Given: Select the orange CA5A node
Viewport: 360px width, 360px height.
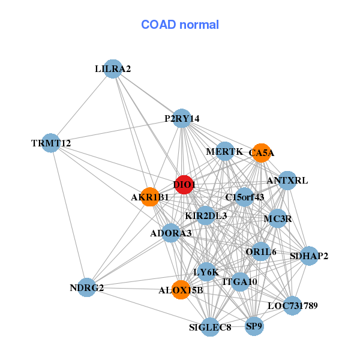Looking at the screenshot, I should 260,153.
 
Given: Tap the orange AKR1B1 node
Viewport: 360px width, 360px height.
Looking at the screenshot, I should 150,196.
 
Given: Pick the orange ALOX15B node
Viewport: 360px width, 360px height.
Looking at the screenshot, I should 181,290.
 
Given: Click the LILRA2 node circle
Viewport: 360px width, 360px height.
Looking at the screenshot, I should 113,69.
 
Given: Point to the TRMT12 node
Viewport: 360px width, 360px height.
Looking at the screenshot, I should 51,143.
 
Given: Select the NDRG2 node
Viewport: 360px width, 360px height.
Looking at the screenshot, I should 87,288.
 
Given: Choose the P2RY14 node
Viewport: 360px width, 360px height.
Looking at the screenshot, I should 182,119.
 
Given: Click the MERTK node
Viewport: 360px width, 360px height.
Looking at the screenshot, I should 224,152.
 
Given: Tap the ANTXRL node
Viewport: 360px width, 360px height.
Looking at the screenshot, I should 287,180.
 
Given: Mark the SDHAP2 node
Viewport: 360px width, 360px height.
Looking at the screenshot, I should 309,256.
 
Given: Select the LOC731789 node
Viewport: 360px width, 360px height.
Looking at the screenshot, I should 292,306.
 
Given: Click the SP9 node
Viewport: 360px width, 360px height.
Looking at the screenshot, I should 254,326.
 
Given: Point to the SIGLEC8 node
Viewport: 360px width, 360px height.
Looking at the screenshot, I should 210,327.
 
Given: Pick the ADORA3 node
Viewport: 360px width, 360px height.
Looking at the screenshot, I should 171,233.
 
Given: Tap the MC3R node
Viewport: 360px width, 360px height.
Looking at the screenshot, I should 277,218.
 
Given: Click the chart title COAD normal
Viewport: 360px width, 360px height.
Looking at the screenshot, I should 180,25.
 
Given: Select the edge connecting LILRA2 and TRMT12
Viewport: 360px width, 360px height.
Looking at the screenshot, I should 82,106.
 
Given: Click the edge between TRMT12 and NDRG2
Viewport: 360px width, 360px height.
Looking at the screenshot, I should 69,215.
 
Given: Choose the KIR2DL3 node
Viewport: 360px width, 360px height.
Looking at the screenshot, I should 206,215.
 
